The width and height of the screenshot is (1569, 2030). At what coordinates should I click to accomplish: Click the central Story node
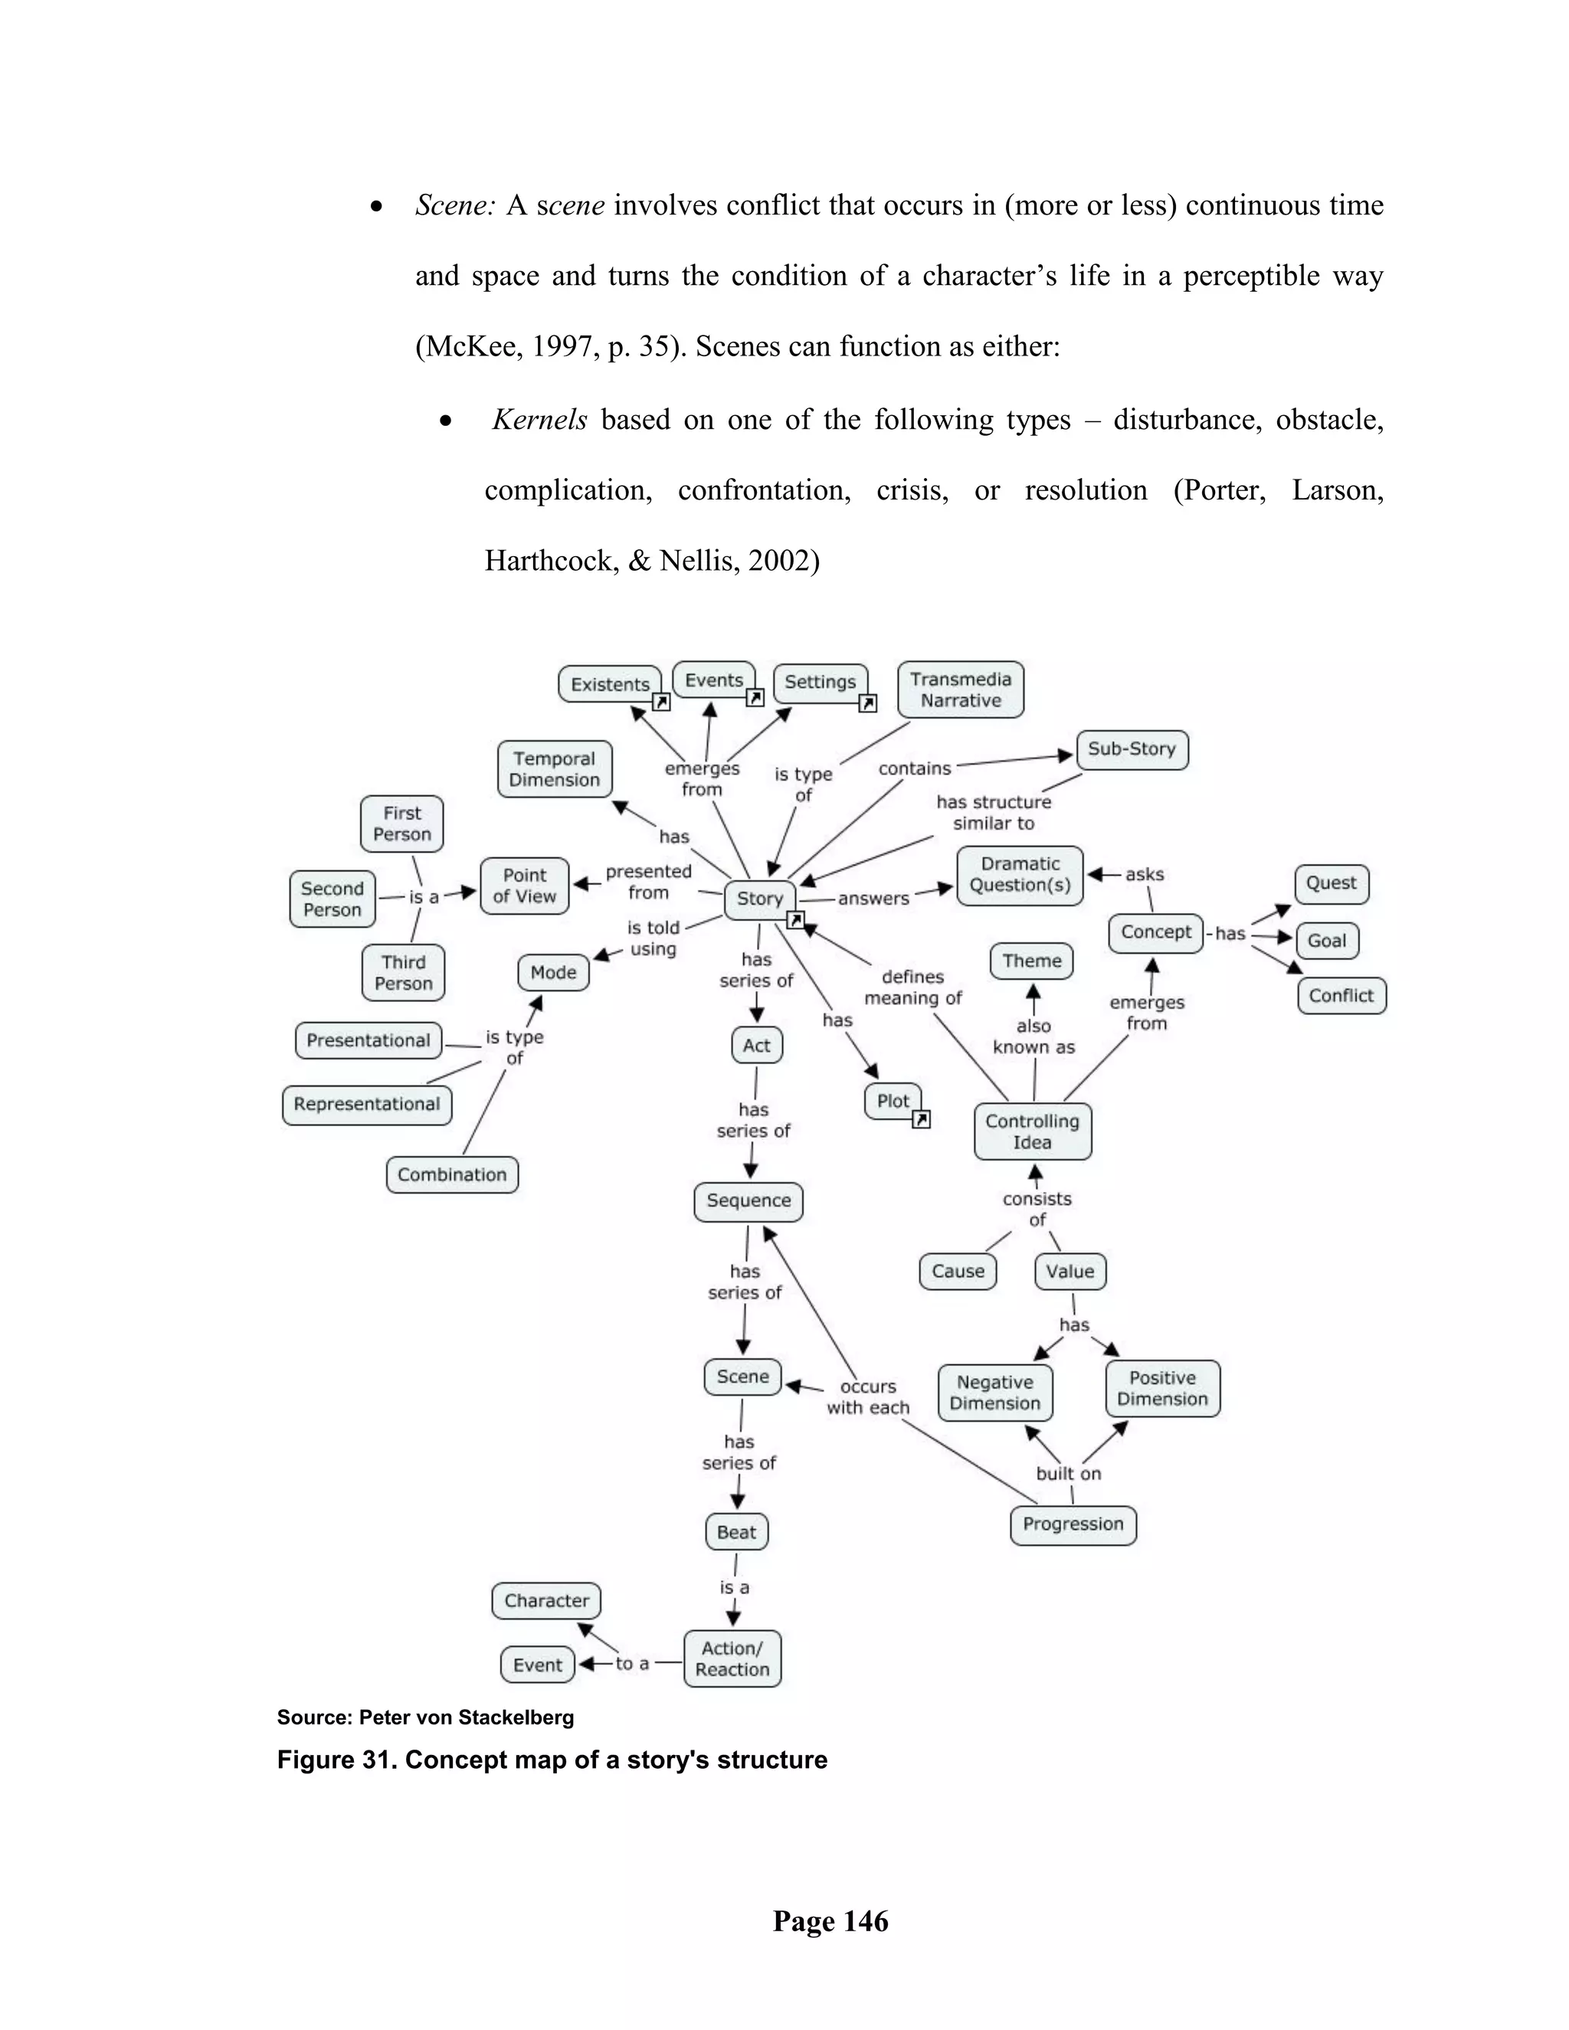click(759, 899)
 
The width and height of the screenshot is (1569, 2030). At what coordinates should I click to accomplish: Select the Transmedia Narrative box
click(960, 689)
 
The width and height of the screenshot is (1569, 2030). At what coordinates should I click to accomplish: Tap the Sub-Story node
click(1132, 749)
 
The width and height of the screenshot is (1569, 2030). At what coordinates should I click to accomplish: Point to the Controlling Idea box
click(1032, 1131)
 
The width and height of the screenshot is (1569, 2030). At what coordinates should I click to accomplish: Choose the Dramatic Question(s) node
click(1020, 875)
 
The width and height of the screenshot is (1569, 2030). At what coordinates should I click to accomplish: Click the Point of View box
click(524, 886)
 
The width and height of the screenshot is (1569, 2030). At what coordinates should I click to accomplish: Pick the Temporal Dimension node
click(554, 770)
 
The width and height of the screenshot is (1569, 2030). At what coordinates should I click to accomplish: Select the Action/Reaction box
click(732, 1658)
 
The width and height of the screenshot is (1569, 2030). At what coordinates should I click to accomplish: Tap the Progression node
click(1073, 1524)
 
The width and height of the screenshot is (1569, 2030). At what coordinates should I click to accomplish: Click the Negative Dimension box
click(994, 1393)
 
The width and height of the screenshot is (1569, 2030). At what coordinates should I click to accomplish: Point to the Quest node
click(1331, 883)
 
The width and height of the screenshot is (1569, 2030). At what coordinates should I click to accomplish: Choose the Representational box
click(366, 1104)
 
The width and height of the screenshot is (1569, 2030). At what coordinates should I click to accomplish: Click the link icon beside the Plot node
click(921, 1120)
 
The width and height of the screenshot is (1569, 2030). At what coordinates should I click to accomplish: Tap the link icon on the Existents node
click(661, 702)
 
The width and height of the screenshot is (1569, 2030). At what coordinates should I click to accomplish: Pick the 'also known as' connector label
click(1033, 1036)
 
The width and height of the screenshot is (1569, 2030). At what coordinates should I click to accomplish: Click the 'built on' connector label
click(1068, 1473)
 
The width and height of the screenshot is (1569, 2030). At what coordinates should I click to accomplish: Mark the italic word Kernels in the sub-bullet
click(539, 420)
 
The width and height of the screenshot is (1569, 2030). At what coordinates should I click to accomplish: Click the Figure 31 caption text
click(552, 1760)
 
